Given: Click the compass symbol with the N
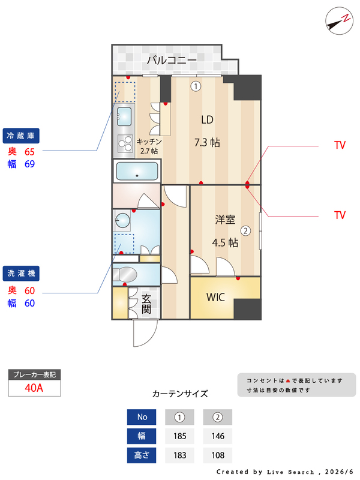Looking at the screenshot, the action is [x=339, y=21].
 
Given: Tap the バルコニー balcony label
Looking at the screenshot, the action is [x=172, y=60].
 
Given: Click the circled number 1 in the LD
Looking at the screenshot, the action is [x=196, y=86].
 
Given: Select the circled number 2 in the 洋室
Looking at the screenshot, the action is [x=245, y=230].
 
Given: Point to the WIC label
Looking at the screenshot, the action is [x=215, y=297].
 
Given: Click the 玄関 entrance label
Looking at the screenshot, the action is [x=146, y=304].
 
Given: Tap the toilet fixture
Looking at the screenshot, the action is [x=124, y=274].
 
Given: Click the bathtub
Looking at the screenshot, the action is [x=137, y=171].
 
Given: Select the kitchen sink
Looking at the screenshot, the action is [x=124, y=116].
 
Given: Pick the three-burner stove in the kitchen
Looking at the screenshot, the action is [x=125, y=143].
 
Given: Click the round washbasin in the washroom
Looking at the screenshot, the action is [x=122, y=220].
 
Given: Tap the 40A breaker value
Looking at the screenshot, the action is [x=34, y=388].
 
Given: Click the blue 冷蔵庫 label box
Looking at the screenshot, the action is [x=21, y=136].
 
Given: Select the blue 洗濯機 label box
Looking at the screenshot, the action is [x=21, y=274].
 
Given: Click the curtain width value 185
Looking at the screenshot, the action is [x=179, y=436].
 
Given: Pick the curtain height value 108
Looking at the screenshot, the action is [x=218, y=455].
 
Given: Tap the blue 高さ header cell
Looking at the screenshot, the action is [x=142, y=455].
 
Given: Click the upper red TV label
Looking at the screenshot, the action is [x=340, y=145].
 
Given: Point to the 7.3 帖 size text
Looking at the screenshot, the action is [x=207, y=143].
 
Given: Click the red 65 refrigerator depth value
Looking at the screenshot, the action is [x=29, y=152].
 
